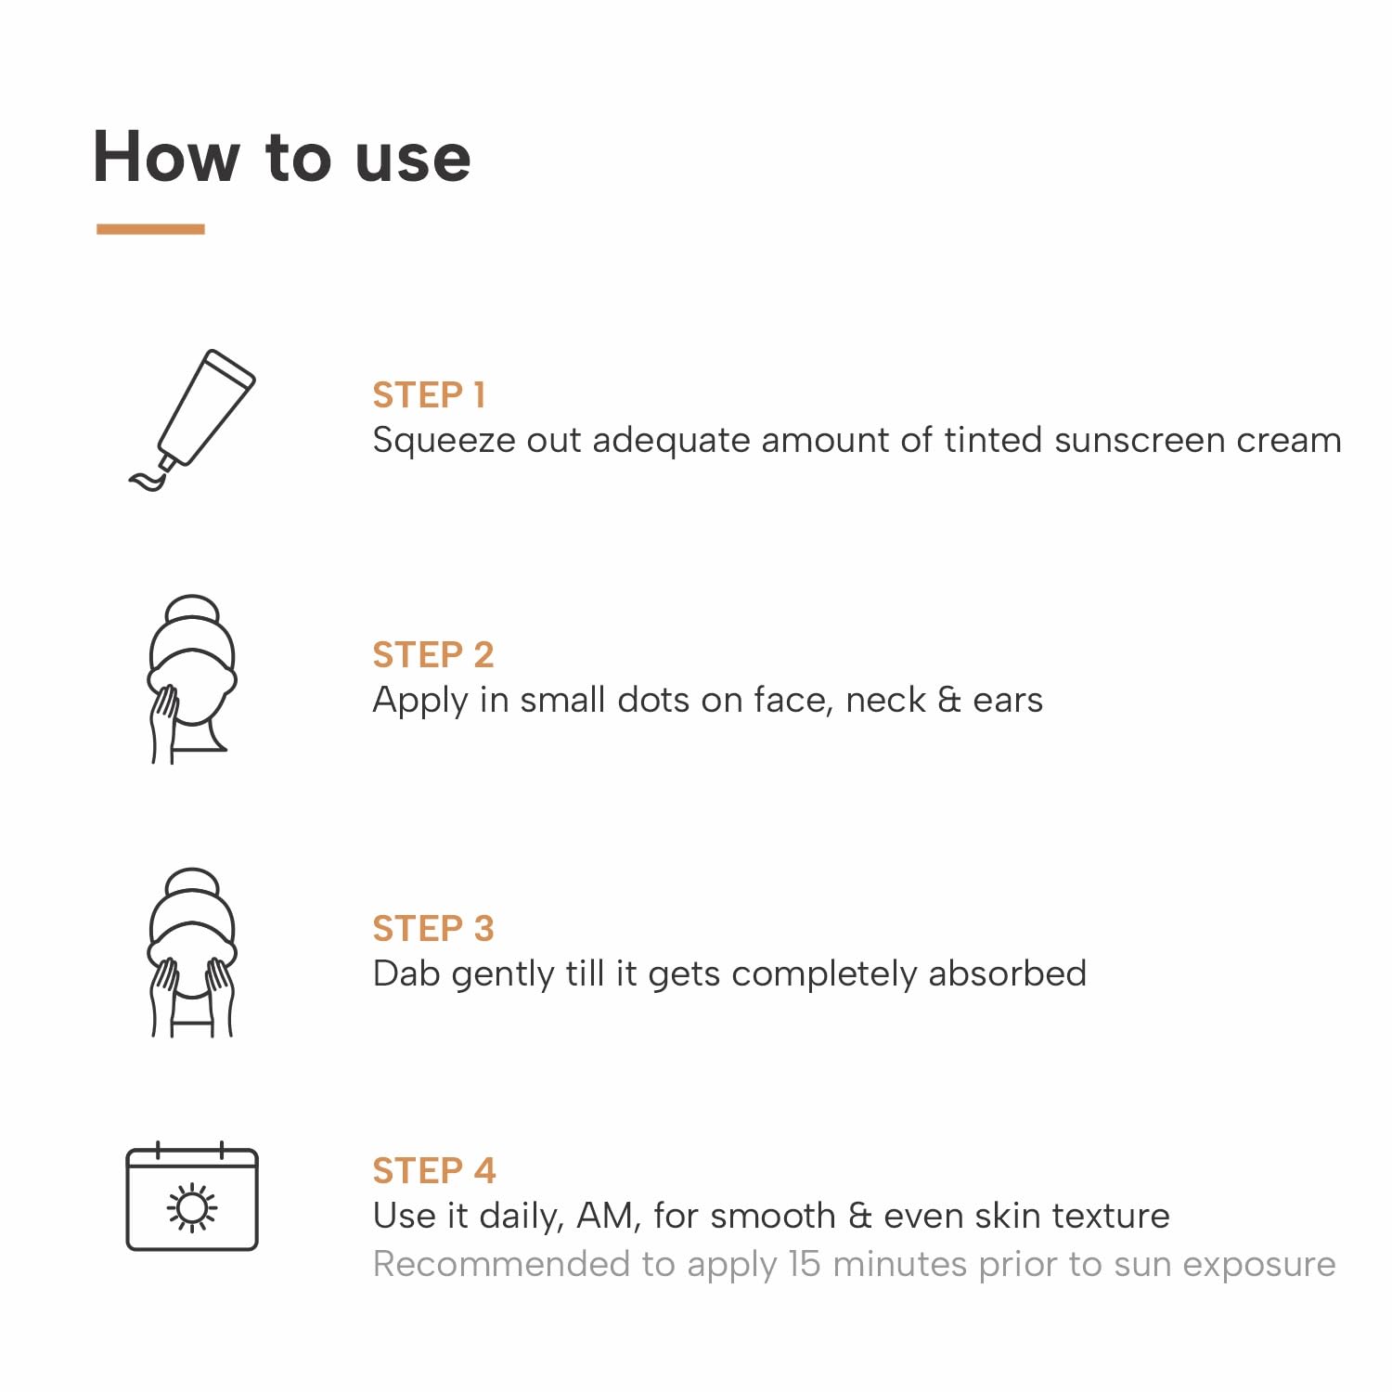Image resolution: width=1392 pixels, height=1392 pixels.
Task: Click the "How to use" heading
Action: (282, 156)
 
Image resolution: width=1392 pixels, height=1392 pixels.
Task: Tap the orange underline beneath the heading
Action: (150, 228)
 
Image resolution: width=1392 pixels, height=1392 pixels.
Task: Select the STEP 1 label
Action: (429, 395)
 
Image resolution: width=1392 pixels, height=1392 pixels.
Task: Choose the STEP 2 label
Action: (433, 655)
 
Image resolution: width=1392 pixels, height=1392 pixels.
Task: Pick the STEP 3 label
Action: (433, 928)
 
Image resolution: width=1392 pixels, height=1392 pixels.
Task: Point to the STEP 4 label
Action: (434, 1170)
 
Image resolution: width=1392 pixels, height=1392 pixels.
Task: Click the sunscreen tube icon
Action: (193, 419)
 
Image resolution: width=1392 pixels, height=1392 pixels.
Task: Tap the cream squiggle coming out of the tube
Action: (148, 480)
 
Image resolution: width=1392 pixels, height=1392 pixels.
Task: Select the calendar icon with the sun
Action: (192, 1196)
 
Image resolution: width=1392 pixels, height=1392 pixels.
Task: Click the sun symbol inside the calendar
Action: (192, 1207)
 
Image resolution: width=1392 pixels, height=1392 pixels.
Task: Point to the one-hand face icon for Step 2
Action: (192, 679)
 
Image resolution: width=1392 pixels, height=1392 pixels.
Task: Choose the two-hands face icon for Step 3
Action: (192, 953)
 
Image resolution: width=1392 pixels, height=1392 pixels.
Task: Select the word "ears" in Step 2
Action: (1008, 701)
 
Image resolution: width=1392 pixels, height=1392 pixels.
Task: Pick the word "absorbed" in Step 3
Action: (1007, 973)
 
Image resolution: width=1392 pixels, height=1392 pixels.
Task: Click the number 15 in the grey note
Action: (805, 1264)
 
